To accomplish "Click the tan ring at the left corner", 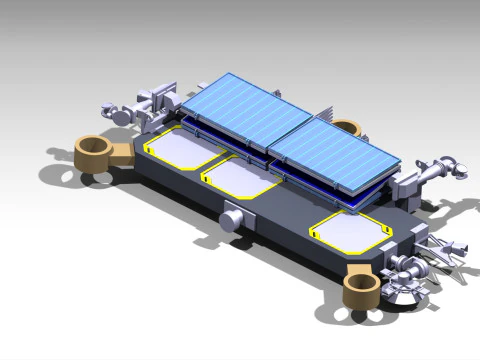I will tap(92, 151).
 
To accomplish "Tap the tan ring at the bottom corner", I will tap(359, 291).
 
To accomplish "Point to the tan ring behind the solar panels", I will tap(346, 128).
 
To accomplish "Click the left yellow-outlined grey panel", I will tap(184, 151).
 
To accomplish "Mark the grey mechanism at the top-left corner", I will tap(140, 106).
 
